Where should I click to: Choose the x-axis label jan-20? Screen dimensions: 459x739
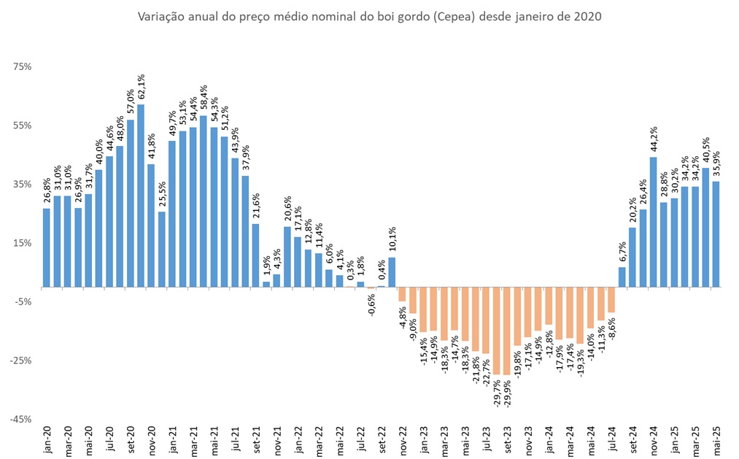pyautogui.click(x=47, y=438)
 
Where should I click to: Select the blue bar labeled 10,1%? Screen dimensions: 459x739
pyautogui.click(x=392, y=272)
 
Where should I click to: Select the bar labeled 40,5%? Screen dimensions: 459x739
pyautogui.click(x=705, y=227)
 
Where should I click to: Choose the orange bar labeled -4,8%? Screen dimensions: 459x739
pyautogui.click(x=402, y=294)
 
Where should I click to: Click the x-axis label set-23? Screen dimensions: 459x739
pyautogui.click(x=507, y=438)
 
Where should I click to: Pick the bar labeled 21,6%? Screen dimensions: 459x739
pyautogui.click(x=256, y=255)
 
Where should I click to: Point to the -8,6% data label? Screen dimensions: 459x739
pyautogui.click(x=611, y=330)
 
